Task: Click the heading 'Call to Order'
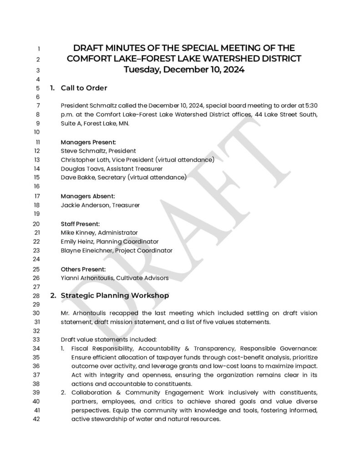pos(84,88)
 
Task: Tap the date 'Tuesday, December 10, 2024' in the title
pos(184,70)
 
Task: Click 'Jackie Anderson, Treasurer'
pos(100,205)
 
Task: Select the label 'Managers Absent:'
pos(88,196)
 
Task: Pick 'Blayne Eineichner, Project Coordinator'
pos(117,250)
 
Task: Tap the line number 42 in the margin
pos(37,420)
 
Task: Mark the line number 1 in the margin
pos(39,49)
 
